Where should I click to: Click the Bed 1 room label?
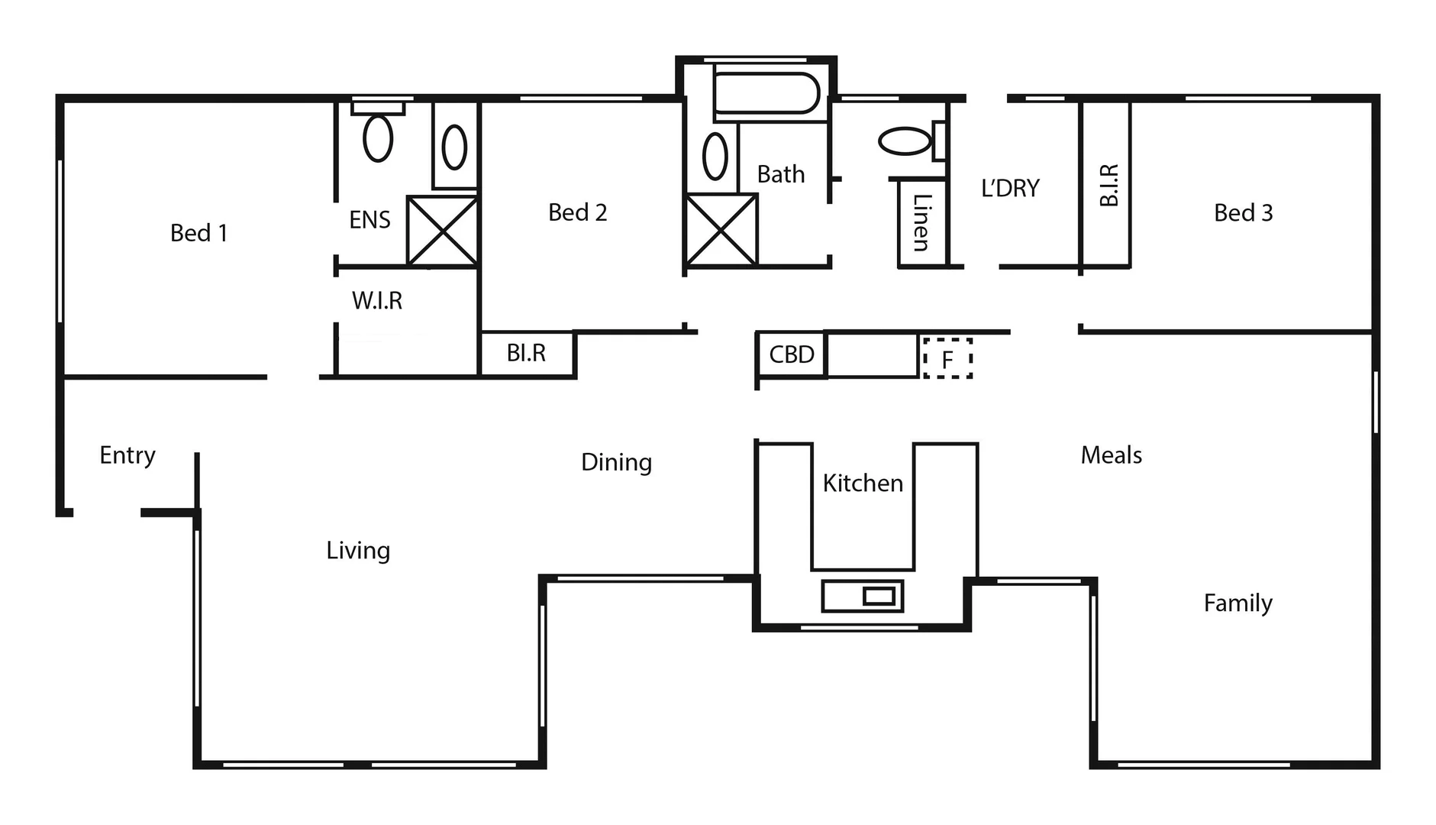[x=198, y=233]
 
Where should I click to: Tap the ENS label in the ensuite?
[x=369, y=220]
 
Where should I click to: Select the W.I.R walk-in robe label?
[x=376, y=300]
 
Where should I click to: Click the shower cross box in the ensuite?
[x=442, y=231]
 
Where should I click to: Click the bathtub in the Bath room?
[x=766, y=93]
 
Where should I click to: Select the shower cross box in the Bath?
[x=721, y=230]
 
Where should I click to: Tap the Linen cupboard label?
[x=921, y=222]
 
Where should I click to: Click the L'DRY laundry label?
[x=1009, y=188]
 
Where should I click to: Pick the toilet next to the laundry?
[x=907, y=141]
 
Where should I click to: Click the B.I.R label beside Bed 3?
[x=1108, y=185]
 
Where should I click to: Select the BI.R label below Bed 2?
[x=526, y=353]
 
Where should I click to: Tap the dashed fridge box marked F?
[x=947, y=359]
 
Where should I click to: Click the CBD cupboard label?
[x=791, y=354]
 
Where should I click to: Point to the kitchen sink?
[x=862, y=596]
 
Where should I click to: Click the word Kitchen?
[x=863, y=483]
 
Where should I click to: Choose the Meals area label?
[x=1111, y=455]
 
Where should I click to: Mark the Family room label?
[x=1238, y=603]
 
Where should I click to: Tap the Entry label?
[x=127, y=455]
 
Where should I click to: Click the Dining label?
[x=616, y=462]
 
